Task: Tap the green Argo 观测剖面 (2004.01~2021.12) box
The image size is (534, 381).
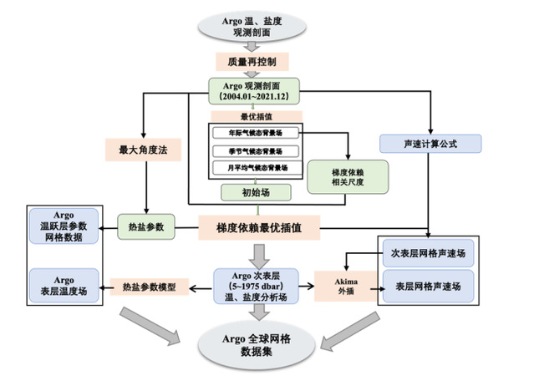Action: (x=254, y=92)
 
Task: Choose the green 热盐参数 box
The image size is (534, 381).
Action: (x=147, y=226)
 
